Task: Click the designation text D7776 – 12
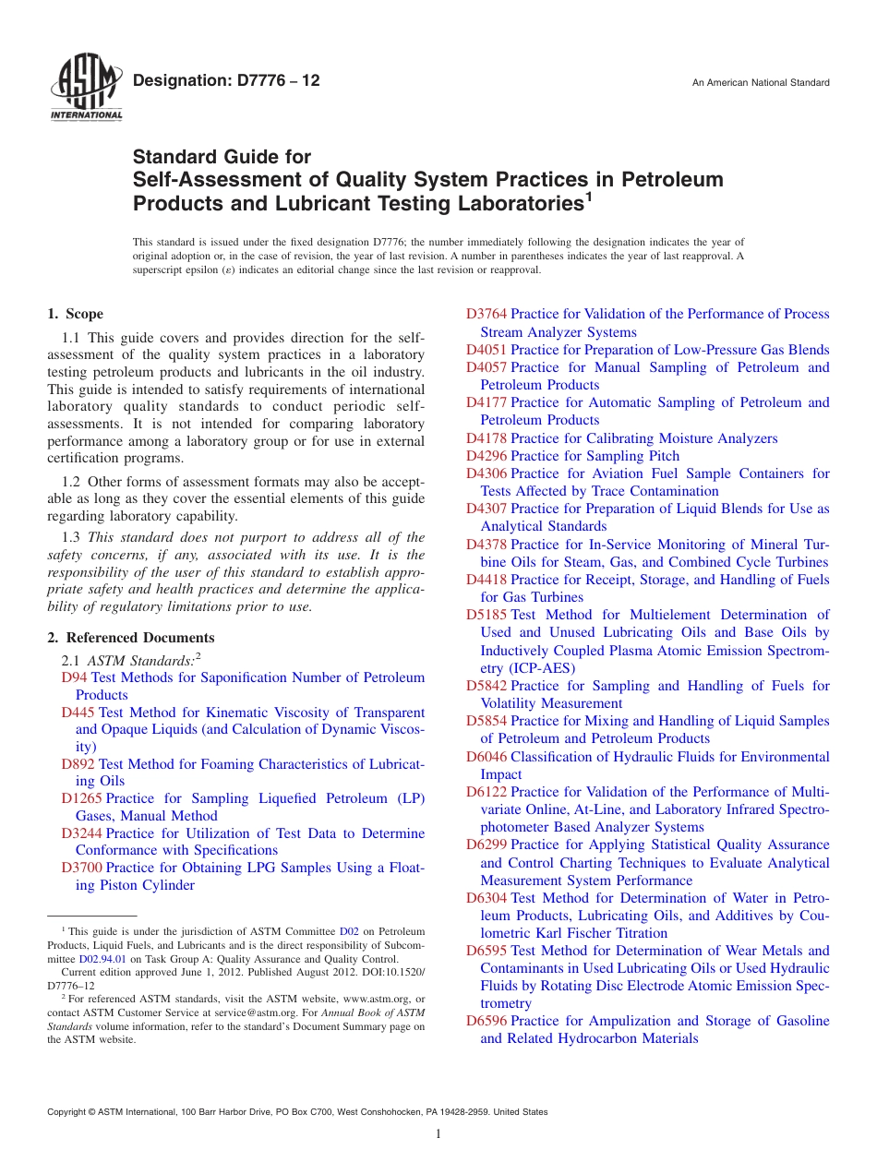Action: click(226, 81)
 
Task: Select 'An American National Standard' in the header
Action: click(761, 83)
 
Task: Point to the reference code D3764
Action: click(486, 315)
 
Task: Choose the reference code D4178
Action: click(486, 438)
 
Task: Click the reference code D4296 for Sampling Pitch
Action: click(486, 456)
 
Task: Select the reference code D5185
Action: click(486, 615)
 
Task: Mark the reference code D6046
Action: click(486, 757)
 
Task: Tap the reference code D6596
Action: click(486, 1021)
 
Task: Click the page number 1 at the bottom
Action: click(438, 1134)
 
